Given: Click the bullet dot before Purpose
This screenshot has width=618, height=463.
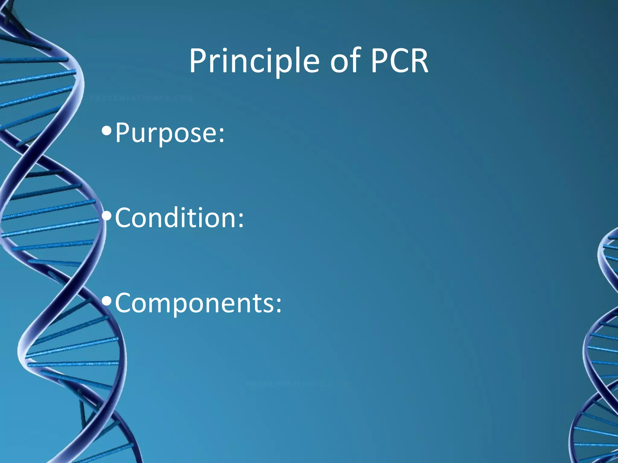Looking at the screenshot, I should coord(107,131).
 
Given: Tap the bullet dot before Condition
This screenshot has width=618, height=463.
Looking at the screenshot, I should coord(107,216).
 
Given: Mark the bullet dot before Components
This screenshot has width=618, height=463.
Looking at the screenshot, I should coord(107,301).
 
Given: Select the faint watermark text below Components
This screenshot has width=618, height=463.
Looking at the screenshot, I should coord(297,384).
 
